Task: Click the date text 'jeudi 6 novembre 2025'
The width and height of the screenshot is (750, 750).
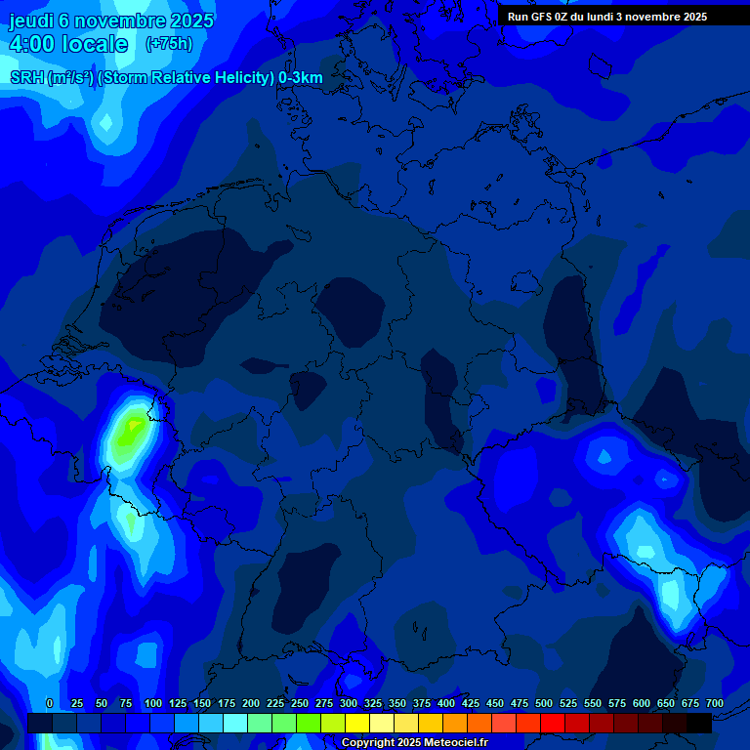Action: pos(111,21)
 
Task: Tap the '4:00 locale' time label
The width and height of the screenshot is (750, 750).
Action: pos(68,44)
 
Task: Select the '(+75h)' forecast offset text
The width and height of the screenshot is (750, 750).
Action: pos(169,44)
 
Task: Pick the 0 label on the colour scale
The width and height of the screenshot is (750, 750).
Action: pos(50,703)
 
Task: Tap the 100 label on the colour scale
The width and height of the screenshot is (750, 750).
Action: pos(153,703)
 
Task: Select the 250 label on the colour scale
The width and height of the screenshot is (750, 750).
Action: pos(300,703)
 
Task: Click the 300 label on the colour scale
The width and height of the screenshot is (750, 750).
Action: pos(349,703)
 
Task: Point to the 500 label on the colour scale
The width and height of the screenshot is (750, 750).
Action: pos(544,703)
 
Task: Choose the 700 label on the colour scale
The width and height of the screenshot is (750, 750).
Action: pos(714,703)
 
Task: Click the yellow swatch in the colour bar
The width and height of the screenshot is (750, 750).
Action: pos(357,723)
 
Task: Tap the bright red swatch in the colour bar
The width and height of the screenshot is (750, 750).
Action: pos(553,723)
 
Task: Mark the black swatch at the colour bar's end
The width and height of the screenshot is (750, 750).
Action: pos(699,723)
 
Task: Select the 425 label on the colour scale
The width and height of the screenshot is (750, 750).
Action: pos(471,703)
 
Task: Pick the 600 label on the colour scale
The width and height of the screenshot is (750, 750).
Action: pos(642,703)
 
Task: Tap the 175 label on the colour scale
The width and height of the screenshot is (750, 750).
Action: pos(227,703)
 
